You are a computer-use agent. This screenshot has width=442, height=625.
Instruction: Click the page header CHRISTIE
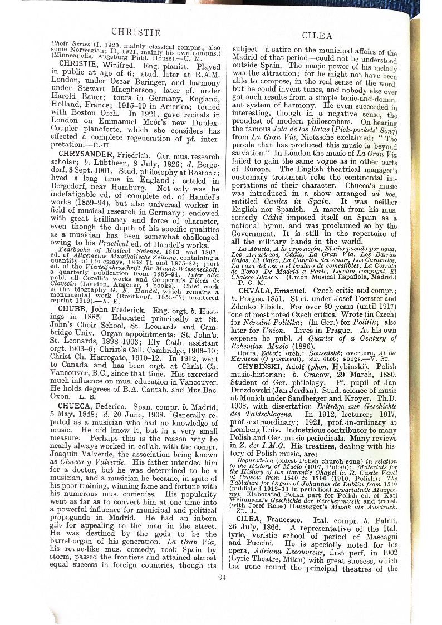(136, 32)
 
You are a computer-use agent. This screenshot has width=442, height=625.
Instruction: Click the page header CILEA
(317, 36)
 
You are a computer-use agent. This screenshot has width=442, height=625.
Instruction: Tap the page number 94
(223, 577)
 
